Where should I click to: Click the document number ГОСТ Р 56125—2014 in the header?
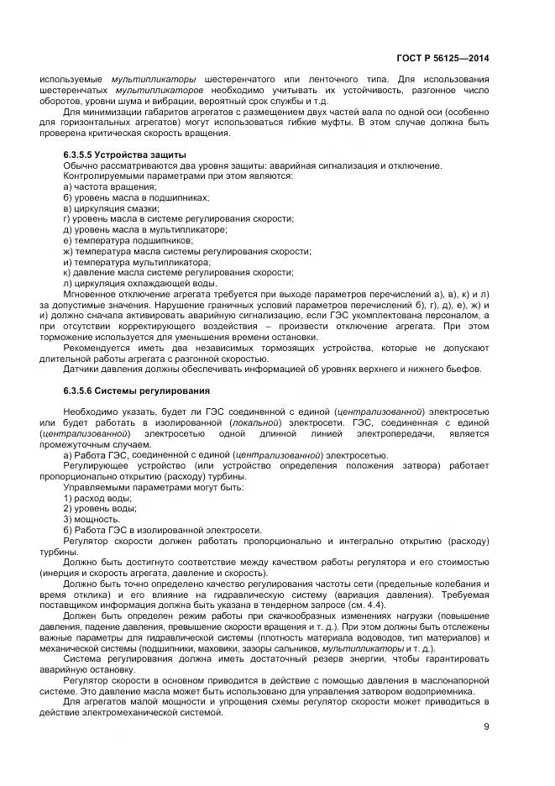(x=442, y=59)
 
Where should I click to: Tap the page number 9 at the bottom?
(x=486, y=727)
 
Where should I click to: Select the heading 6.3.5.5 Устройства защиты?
(x=125, y=155)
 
